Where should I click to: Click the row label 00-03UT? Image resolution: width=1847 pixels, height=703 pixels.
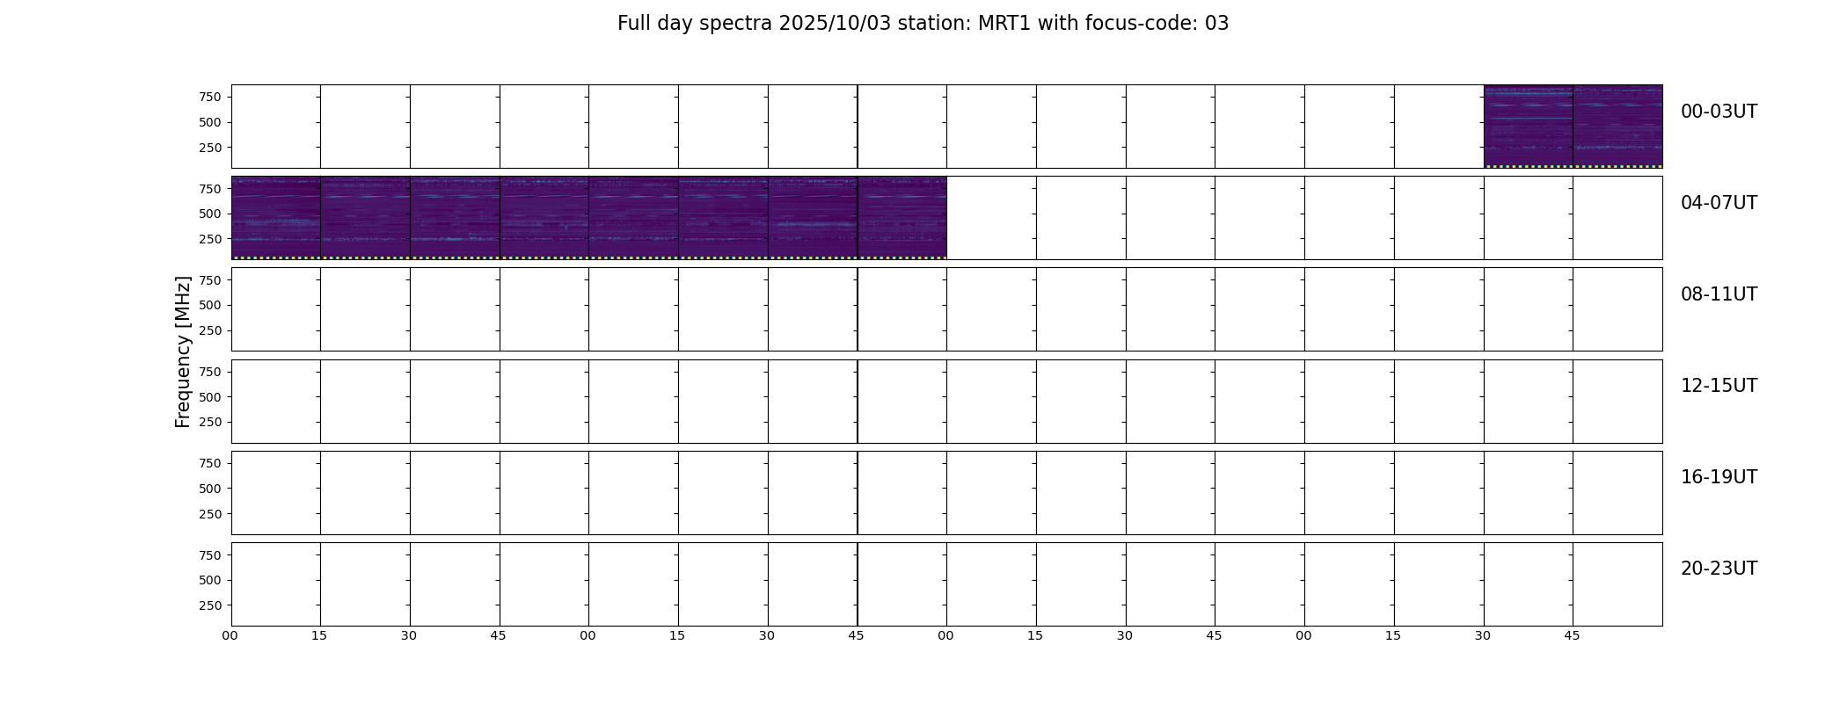1719,112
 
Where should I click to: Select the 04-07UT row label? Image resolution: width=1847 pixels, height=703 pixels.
1719,203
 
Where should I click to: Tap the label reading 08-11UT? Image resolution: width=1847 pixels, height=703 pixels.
1719,294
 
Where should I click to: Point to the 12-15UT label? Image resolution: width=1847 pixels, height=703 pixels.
1719,386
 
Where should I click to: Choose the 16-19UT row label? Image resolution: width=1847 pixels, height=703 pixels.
1719,477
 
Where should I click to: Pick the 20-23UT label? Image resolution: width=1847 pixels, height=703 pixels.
1719,569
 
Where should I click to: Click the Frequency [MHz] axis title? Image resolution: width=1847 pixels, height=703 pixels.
183,352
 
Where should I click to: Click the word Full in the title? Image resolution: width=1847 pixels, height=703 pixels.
632,24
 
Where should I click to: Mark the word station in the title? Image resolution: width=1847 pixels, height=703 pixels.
936,24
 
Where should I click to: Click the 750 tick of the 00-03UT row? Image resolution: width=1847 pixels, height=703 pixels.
210,97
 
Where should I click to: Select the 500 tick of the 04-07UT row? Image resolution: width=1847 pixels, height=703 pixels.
210,214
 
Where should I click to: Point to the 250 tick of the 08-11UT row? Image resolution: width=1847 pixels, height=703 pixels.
210,330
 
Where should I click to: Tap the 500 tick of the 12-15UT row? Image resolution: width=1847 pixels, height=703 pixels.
210,397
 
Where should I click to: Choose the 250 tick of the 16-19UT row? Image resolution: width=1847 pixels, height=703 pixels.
210,514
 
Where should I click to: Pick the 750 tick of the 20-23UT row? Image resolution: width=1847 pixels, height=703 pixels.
210,555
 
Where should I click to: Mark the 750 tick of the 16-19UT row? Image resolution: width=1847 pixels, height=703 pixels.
210,463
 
